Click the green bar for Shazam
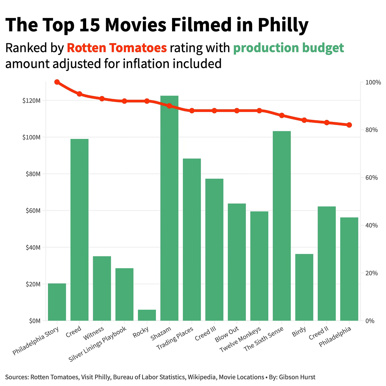[169, 208]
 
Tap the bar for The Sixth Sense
[282, 225]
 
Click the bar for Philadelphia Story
[57, 302]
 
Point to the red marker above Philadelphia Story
[57, 82]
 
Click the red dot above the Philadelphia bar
[349, 125]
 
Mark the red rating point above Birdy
[304, 120]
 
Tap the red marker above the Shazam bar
[169, 106]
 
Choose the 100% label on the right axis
[373, 82]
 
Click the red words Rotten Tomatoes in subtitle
[117, 48]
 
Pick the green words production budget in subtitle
[288, 48]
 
